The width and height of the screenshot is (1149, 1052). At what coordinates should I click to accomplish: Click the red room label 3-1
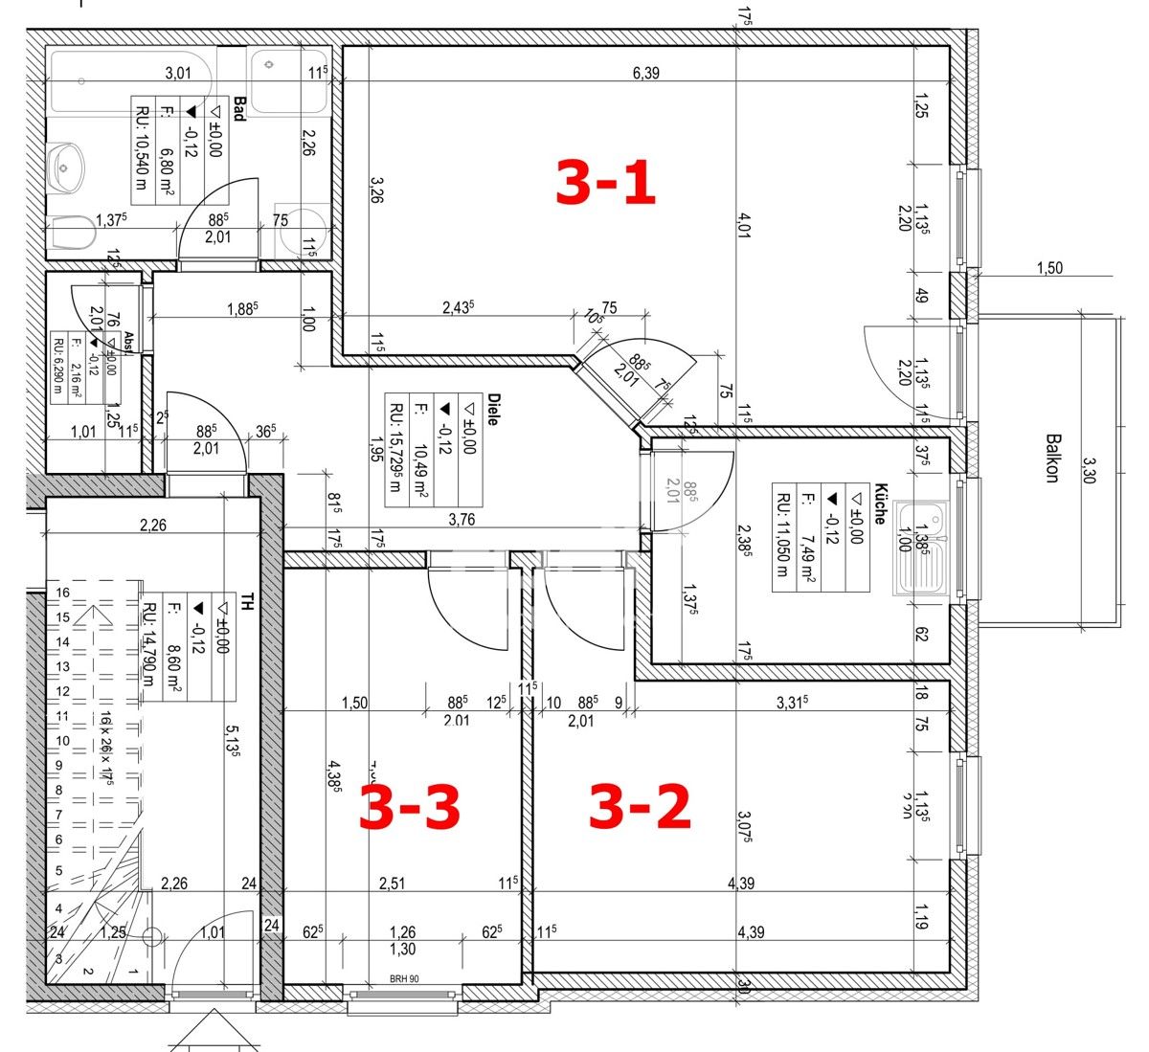coord(605,183)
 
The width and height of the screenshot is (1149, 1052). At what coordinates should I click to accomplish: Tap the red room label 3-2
coord(639,806)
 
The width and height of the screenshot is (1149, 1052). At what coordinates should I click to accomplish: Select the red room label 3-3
coord(409,806)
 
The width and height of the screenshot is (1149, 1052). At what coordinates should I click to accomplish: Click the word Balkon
coord(1051,459)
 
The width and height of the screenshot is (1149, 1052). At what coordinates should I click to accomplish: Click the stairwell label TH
coord(247,601)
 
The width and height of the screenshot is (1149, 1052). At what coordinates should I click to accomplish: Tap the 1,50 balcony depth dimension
coord(1049,268)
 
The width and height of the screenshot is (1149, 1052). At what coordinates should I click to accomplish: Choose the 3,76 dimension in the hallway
coord(462,520)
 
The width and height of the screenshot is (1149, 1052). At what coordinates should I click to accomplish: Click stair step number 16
coord(62,593)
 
